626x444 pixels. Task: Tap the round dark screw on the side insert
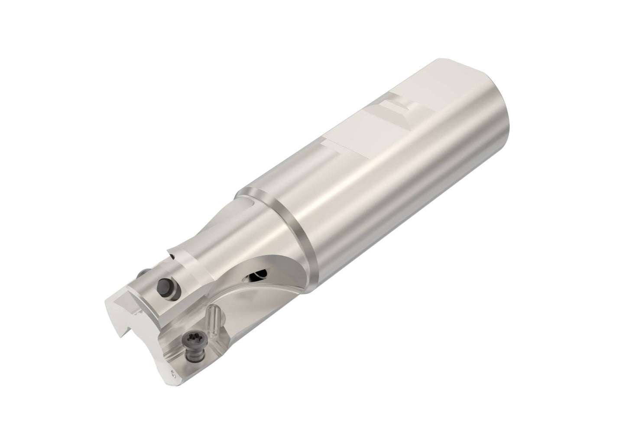point(165,286)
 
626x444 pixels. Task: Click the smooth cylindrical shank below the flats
point(390,195)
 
